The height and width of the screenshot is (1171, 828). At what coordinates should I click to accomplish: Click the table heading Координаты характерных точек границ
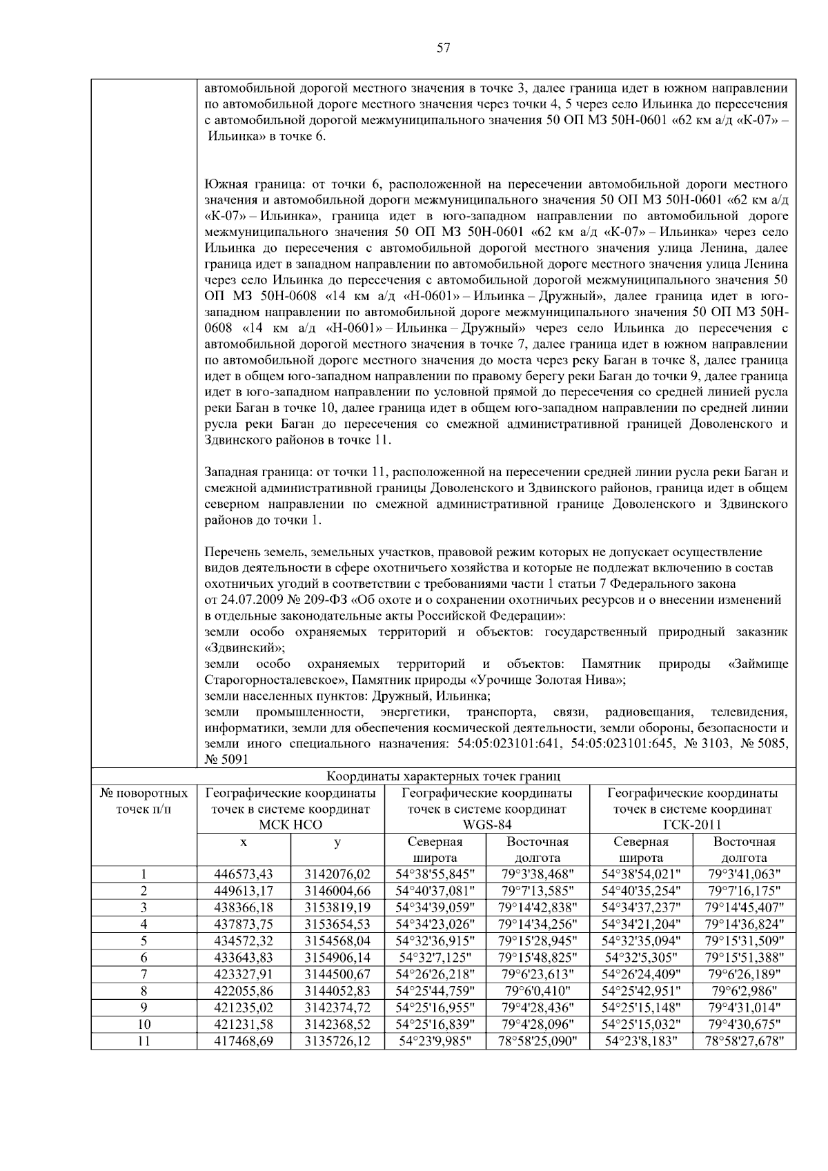[x=444, y=776]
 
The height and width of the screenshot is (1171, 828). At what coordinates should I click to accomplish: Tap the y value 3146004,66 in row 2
[x=337, y=890]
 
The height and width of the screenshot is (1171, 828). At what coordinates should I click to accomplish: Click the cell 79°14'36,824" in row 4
[x=744, y=923]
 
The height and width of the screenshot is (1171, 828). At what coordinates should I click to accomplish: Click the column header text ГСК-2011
[x=693, y=825]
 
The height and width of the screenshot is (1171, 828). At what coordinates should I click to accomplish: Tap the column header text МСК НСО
[x=290, y=825]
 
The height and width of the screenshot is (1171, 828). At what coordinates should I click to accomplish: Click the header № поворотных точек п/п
[x=144, y=800]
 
